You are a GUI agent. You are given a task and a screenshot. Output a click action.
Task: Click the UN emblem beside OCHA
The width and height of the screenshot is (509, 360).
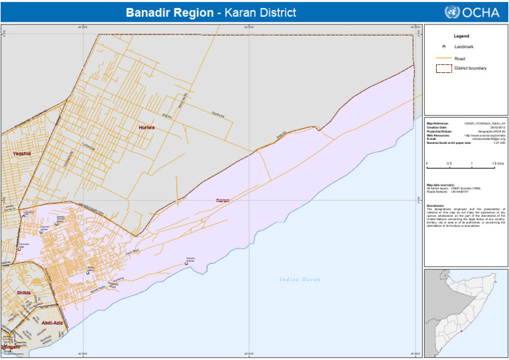[x=452, y=12]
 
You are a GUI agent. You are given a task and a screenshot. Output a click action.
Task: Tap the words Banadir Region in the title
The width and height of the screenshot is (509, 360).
[x=170, y=13]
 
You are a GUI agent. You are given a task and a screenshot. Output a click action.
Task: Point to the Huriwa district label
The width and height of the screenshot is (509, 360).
[x=146, y=127]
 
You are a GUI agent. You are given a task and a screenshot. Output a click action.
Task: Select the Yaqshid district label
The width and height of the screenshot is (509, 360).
[x=22, y=153]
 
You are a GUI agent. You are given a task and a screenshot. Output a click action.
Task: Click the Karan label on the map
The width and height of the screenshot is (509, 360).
[x=223, y=200]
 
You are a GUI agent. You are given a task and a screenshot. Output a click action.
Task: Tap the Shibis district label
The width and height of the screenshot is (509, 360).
[x=23, y=292]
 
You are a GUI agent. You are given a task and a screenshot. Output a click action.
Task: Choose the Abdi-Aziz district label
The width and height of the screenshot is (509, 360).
[x=53, y=322]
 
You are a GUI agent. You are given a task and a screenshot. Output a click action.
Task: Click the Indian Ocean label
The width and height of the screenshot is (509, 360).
[x=300, y=279]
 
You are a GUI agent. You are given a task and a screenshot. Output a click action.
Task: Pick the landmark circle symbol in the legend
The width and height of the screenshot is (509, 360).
[x=443, y=47]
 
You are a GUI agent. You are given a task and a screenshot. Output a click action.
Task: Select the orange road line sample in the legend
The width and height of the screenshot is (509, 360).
[x=443, y=58]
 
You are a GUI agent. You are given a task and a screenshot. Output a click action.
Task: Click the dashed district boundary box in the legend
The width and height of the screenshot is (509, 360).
[x=443, y=68]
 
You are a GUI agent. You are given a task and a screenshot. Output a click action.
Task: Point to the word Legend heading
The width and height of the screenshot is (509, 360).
[x=461, y=35]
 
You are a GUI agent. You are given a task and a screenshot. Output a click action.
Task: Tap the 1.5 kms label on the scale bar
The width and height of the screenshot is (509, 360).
[x=498, y=164]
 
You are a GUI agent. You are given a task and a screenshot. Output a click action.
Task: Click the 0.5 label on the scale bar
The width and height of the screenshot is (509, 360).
[x=449, y=164]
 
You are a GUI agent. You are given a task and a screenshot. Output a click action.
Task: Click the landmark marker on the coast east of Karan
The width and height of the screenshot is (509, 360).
[x=186, y=263]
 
